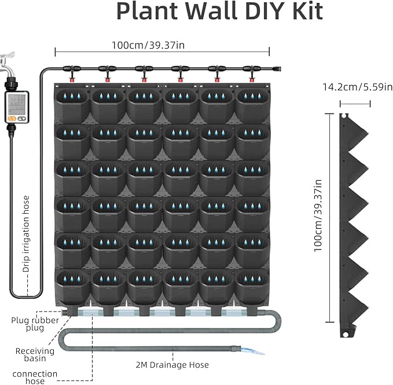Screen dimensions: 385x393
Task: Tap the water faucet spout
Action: [8, 60]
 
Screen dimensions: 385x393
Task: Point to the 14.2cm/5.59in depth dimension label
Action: [355, 88]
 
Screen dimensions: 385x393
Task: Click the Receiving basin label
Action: [35, 354]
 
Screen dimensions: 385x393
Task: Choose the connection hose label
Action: [35, 377]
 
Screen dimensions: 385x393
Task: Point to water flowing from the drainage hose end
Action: [255, 351]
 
